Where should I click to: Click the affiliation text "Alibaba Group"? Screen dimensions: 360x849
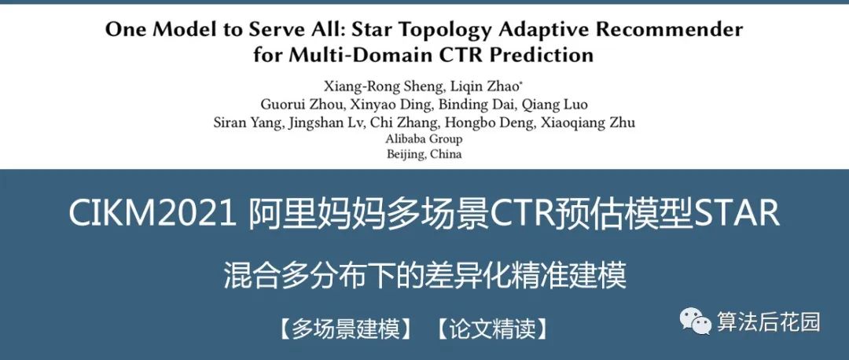pos(424,138)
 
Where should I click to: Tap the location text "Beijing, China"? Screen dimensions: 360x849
pos(424,154)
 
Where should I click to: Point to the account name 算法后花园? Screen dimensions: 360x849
pos(768,322)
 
